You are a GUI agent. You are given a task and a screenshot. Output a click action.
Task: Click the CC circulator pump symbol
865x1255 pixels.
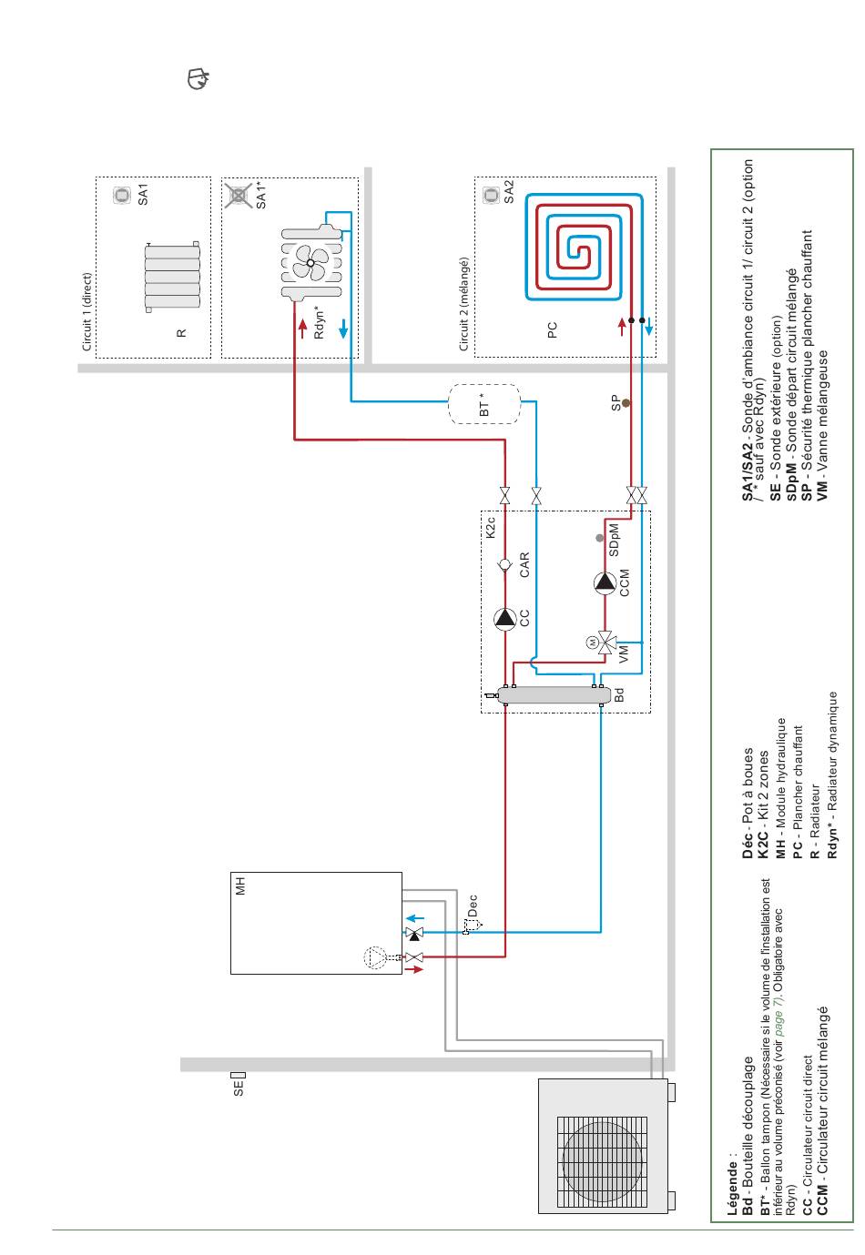(x=505, y=619)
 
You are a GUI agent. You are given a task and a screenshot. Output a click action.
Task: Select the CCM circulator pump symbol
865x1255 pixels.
(x=605, y=582)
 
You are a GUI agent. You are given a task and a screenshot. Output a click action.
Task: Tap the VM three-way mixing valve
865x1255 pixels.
(x=606, y=643)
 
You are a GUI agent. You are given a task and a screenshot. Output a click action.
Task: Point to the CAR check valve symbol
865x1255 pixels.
(x=504, y=565)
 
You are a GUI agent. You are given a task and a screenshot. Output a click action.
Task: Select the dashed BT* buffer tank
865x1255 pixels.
(x=483, y=404)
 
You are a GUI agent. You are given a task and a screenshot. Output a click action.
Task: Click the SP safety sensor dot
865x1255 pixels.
(x=626, y=403)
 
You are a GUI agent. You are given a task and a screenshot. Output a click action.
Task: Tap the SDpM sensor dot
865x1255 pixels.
(x=599, y=538)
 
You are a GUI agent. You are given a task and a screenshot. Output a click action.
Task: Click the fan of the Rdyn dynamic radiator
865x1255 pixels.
(x=310, y=263)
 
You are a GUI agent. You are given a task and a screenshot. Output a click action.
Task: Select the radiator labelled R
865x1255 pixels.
(x=172, y=277)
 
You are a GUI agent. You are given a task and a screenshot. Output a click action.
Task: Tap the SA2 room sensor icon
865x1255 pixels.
(x=491, y=195)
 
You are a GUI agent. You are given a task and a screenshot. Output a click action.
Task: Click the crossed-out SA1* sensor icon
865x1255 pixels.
(x=239, y=196)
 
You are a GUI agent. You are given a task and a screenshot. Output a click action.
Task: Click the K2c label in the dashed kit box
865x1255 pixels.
(x=490, y=528)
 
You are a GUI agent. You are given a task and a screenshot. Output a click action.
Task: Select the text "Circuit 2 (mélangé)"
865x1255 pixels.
(x=463, y=304)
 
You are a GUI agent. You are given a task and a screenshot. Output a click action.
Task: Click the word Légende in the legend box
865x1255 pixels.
(x=731, y=1191)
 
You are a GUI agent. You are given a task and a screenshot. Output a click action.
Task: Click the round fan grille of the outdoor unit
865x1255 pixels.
(x=602, y=1161)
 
